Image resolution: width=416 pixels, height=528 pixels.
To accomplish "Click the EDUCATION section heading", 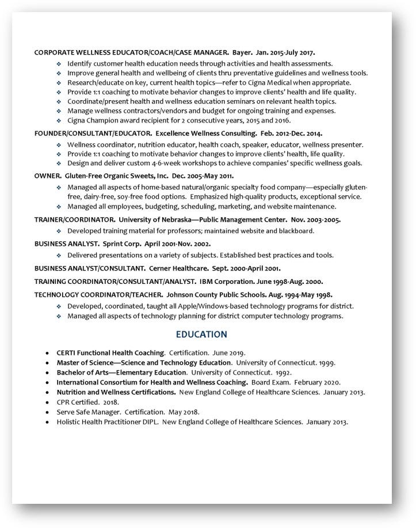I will [x=201, y=335].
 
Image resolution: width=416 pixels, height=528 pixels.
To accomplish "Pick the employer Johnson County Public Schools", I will [x=211, y=294].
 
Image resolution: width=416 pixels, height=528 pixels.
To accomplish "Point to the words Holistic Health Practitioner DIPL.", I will [x=106, y=421].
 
